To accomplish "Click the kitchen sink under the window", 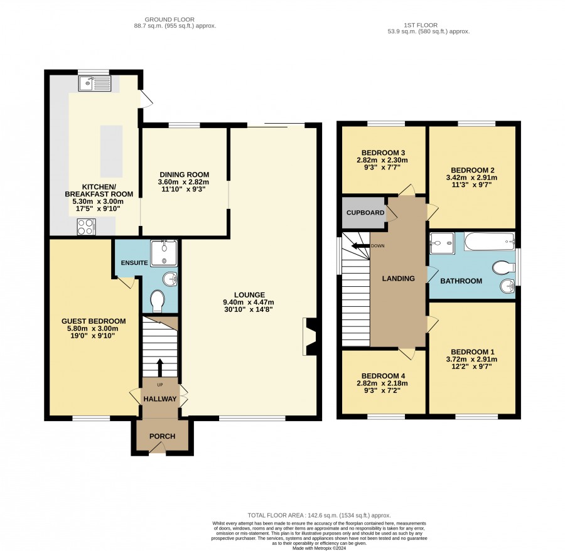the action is tap(94, 83).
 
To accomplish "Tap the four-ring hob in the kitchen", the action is tap(86, 227).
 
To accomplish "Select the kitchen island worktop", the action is tap(111, 151).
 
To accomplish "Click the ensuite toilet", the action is tap(157, 301).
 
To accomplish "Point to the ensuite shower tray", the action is tap(164, 254).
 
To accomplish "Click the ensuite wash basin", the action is tap(170, 279).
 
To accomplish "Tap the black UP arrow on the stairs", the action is tap(160, 368).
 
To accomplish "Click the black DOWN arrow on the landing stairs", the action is tap(361, 246).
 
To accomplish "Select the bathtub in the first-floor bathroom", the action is tap(489, 242).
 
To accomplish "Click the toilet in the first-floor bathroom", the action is tap(503, 267).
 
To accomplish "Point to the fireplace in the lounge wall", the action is tap(309, 336).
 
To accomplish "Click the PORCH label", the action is tap(162, 436).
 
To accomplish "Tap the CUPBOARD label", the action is tap(365, 213).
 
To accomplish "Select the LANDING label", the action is tap(398, 279).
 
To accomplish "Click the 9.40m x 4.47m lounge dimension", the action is tap(249, 302).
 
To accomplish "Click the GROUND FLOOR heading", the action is tap(169, 20).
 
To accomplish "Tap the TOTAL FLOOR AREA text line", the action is tap(319, 515).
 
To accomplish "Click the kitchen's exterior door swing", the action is tap(146, 99).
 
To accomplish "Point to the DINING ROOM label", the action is tap(185, 174).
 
